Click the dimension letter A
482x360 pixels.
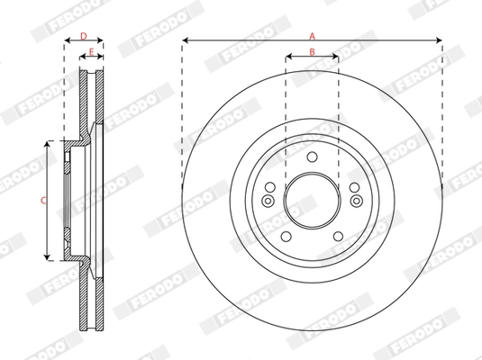tap(312, 34)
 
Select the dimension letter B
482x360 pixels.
tap(312, 51)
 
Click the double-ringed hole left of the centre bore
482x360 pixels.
tap(268, 200)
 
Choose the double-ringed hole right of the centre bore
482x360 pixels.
tap(356, 200)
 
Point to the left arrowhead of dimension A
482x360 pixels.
tap(184, 40)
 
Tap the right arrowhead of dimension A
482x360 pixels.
tap(440, 40)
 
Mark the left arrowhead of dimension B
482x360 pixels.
tap(288, 57)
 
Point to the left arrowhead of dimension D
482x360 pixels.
tap(66, 41)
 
